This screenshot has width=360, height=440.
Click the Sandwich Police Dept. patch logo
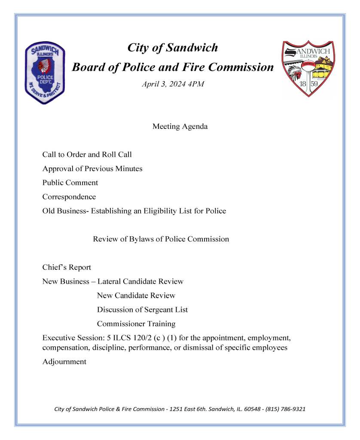tap(45, 73)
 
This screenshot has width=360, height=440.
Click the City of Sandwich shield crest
tap(308, 68)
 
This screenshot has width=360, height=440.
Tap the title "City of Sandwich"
tap(173, 48)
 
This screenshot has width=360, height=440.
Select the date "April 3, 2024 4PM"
tap(173, 84)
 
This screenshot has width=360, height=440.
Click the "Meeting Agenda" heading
tap(180, 127)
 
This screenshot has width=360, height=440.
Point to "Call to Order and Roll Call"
tap(87, 155)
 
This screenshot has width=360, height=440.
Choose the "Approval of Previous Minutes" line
tap(92, 169)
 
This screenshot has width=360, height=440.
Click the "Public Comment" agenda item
tap(70, 183)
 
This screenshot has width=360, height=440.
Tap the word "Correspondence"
tap(69, 197)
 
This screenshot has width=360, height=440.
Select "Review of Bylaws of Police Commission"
tap(161, 239)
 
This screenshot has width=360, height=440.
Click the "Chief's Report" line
tap(67, 268)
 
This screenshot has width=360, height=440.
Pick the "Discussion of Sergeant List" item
tap(142, 310)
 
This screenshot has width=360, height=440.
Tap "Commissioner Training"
tap(136, 324)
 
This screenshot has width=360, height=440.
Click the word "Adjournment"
tap(64, 362)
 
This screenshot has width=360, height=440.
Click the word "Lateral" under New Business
tap(109, 282)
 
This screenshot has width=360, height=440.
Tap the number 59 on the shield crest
tap(314, 84)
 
